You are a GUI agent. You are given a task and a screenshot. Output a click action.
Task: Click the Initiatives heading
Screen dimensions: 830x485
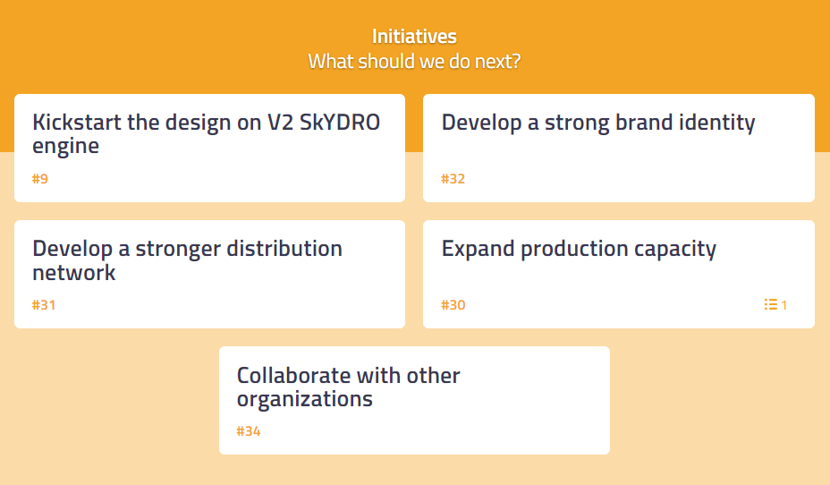click(414, 37)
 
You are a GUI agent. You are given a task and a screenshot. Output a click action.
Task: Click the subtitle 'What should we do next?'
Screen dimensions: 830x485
click(414, 62)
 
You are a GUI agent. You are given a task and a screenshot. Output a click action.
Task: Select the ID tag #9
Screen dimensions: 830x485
click(40, 179)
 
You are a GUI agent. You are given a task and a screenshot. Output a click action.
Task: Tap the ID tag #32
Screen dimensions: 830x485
click(453, 179)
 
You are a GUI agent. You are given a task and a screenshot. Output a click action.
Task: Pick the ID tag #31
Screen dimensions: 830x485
click(44, 305)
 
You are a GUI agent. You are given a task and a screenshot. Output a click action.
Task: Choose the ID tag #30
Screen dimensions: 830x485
click(453, 305)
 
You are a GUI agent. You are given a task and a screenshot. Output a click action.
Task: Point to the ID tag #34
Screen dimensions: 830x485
click(249, 431)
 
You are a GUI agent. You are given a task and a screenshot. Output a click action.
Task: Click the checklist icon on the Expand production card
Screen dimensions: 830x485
click(771, 304)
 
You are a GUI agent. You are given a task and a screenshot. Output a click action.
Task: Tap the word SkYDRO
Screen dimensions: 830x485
click(340, 123)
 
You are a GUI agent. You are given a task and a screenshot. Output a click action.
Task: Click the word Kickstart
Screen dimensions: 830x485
click(77, 123)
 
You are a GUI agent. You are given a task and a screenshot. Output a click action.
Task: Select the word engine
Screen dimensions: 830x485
click(65, 147)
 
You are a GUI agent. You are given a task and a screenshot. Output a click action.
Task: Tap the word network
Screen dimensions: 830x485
click(74, 273)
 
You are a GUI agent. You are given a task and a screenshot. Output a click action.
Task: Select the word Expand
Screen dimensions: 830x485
click(478, 250)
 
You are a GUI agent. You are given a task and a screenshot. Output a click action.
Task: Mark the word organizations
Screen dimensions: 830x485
click(305, 400)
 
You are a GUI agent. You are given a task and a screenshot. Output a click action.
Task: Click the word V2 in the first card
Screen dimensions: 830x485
click(280, 123)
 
